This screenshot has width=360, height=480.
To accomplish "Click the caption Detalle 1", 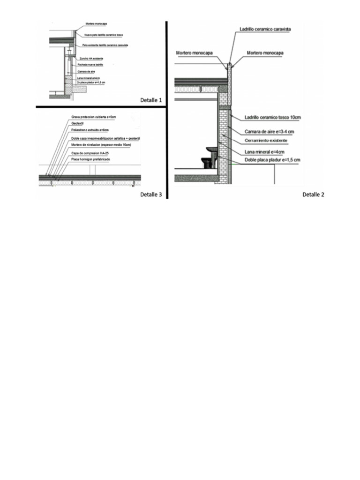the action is [x=150, y=100].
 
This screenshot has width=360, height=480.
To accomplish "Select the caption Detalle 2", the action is [x=313, y=194].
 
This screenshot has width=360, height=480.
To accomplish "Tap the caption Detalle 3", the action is [x=150, y=195].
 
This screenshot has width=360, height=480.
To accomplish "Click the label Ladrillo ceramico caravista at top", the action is [x=265, y=29].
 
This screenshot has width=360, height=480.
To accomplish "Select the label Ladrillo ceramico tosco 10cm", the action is [x=272, y=118].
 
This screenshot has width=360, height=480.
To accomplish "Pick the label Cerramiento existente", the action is [x=266, y=141].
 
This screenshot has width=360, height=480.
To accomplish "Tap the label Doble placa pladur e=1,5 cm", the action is [x=272, y=160].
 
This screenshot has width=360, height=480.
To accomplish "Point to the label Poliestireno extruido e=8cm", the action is [x=90, y=131].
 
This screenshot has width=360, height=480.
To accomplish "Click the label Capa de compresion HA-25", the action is [x=87, y=153].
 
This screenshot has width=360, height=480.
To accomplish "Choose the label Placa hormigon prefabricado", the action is [x=90, y=160].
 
